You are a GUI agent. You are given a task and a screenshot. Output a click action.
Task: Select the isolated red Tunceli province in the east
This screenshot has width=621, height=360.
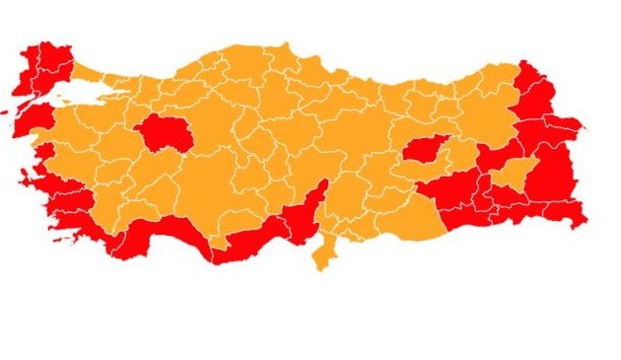click(425, 150)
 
